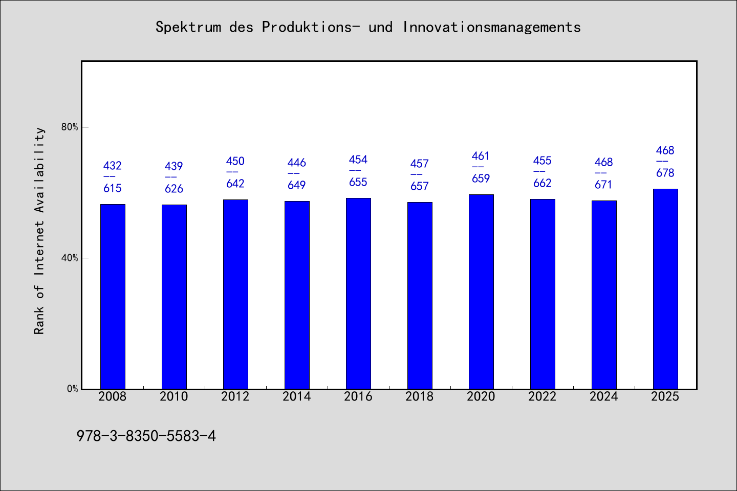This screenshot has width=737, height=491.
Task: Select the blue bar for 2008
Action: (113, 296)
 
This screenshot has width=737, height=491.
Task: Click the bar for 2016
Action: (358, 294)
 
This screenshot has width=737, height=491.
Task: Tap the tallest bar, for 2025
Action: (665, 289)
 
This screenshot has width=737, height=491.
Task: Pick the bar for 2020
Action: (481, 292)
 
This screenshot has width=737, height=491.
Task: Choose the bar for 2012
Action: (235, 294)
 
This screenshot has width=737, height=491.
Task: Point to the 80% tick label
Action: (70, 127)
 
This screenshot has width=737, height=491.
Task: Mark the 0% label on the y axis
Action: (72, 389)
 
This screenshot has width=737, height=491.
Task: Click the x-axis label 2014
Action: (296, 396)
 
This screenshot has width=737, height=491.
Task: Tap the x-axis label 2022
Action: (542, 396)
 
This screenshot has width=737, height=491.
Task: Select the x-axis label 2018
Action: (420, 396)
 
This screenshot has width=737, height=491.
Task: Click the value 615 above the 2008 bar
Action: (113, 188)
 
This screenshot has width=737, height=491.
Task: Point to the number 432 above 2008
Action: (113, 165)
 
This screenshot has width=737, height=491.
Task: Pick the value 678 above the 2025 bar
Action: (665, 173)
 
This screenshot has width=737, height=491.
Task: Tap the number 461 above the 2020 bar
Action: (481, 156)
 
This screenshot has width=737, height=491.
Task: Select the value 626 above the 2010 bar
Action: (174, 188)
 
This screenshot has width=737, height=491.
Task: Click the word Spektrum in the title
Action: (188, 27)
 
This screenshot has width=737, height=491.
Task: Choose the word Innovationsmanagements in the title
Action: (491, 27)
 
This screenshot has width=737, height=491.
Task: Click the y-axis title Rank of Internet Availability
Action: (39, 231)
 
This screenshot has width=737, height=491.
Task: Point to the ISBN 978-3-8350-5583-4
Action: (146, 436)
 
